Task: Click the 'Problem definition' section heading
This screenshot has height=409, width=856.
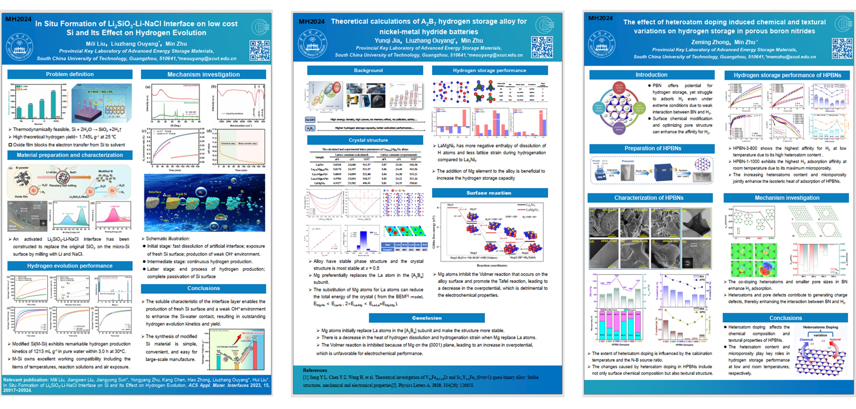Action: tap(70, 74)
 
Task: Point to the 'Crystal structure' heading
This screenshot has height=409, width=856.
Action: tap(368, 140)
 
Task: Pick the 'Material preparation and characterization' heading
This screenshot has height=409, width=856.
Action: tap(70, 155)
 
